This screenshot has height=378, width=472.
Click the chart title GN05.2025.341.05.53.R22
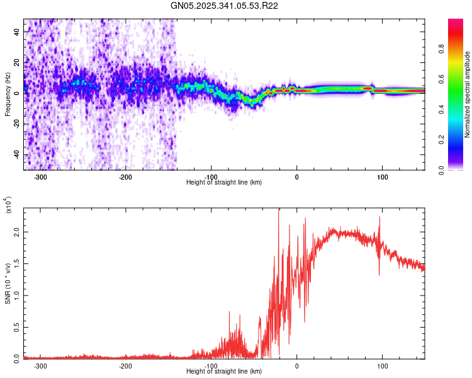tap(225, 6)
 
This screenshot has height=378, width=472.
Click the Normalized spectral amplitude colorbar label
tap(468, 94)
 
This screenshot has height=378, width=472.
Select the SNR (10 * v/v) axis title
tap(8, 283)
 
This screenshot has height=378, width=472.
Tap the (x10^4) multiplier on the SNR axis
tap(9, 205)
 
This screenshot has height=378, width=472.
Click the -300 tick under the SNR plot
tap(41, 365)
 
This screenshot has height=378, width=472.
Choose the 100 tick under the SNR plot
tap(382, 365)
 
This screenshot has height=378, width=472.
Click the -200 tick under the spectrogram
tap(126, 177)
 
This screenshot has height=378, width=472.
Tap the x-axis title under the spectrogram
tap(224, 183)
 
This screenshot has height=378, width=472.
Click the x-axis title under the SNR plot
tap(224, 372)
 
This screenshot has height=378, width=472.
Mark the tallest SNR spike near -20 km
tap(278, 210)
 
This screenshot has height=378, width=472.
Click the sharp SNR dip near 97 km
tap(379, 275)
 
